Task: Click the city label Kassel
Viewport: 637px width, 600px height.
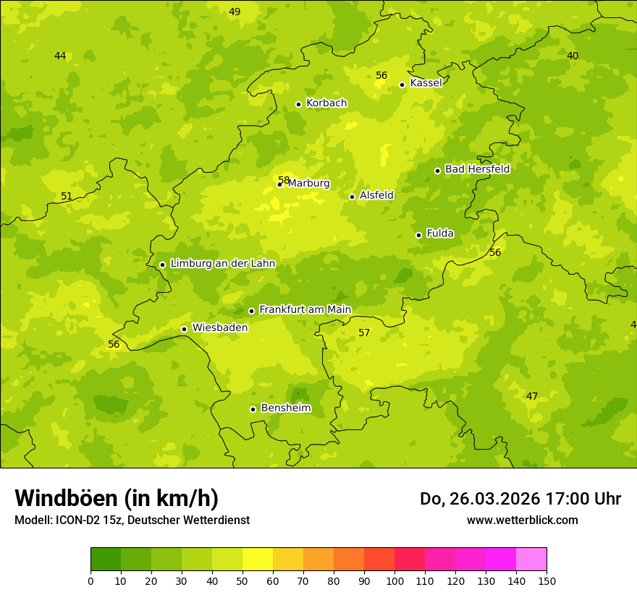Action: coord(426,83)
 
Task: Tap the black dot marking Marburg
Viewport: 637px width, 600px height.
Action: coord(279,184)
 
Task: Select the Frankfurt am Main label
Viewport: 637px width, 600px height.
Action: coord(305,309)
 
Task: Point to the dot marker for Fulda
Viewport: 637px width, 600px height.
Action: coord(418,235)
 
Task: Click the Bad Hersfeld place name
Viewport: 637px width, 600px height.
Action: coord(477,169)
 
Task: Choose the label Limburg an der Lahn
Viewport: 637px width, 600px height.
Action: coord(222,263)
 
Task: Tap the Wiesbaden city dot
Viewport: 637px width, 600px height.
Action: coord(184,329)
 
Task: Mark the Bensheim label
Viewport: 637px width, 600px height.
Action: coord(285,408)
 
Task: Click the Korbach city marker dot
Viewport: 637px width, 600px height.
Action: coord(298,104)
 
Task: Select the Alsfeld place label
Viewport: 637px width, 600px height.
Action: coord(376,195)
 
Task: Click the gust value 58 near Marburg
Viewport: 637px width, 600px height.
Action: coord(284,180)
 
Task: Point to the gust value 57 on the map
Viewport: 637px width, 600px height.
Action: coord(364,333)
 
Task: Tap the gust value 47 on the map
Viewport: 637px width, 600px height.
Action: coord(532,396)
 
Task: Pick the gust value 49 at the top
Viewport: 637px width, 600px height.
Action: coord(235,12)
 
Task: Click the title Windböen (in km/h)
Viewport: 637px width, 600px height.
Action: coord(117,498)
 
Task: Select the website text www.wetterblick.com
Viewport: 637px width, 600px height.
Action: coord(522,520)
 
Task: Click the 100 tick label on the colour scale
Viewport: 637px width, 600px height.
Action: coord(395,580)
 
